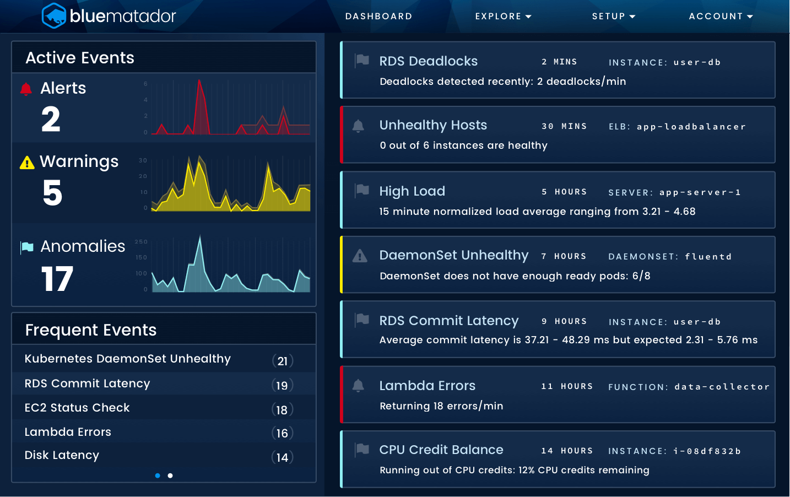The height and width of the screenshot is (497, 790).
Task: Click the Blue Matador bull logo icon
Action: click(x=54, y=16)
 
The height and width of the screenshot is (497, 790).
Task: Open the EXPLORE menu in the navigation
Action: click(x=503, y=17)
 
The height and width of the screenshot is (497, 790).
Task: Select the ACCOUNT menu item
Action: click(x=721, y=17)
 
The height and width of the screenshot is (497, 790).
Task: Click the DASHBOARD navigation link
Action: click(x=378, y=17)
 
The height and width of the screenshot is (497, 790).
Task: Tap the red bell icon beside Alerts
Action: click(x=26, y=89)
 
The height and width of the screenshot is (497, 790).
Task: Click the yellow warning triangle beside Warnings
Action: click(x=27, y=163)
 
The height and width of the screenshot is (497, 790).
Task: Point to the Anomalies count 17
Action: click(x=57, y=279)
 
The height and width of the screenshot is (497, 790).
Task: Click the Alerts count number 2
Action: click(x=51, y=119)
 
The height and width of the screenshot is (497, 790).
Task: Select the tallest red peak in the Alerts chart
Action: click(x=199, y=82)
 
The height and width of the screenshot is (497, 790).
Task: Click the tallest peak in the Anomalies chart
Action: click(x=200, y=238)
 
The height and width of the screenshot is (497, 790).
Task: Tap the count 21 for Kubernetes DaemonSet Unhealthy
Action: click(x=283, y=361)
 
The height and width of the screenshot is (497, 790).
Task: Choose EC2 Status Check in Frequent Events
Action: click(x=77, y=408)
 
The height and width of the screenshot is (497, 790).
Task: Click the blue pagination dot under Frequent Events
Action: click(x=158, y=476)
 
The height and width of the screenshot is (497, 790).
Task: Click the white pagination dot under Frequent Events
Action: click(x=170, y=476)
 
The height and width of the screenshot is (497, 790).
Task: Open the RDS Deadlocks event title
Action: click(x=428, y=61)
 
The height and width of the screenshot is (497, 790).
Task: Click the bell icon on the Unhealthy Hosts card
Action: click(x=358, y=126)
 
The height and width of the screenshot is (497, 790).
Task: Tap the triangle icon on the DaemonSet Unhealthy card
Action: click(x=360, y=256)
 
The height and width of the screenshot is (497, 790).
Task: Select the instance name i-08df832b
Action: click(x=707, y=451)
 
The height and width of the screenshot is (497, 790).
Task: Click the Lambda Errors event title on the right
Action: click(x=427, y=386)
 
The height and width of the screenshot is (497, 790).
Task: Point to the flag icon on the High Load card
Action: click(x=362, y=190)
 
